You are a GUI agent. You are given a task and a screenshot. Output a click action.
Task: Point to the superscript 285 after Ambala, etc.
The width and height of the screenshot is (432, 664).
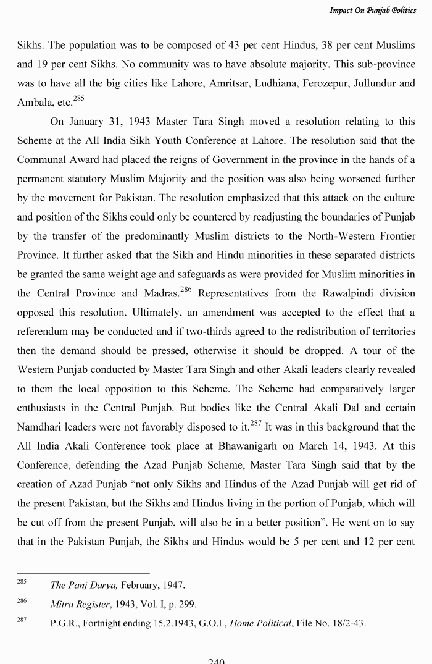(78, 98)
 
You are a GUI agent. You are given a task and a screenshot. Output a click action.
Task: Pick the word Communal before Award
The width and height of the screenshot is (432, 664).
(43, 160)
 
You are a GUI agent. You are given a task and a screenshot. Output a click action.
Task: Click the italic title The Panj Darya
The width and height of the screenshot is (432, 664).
(83, 585)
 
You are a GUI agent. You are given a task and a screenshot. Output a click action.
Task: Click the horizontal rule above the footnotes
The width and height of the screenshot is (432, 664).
(83, 573)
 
